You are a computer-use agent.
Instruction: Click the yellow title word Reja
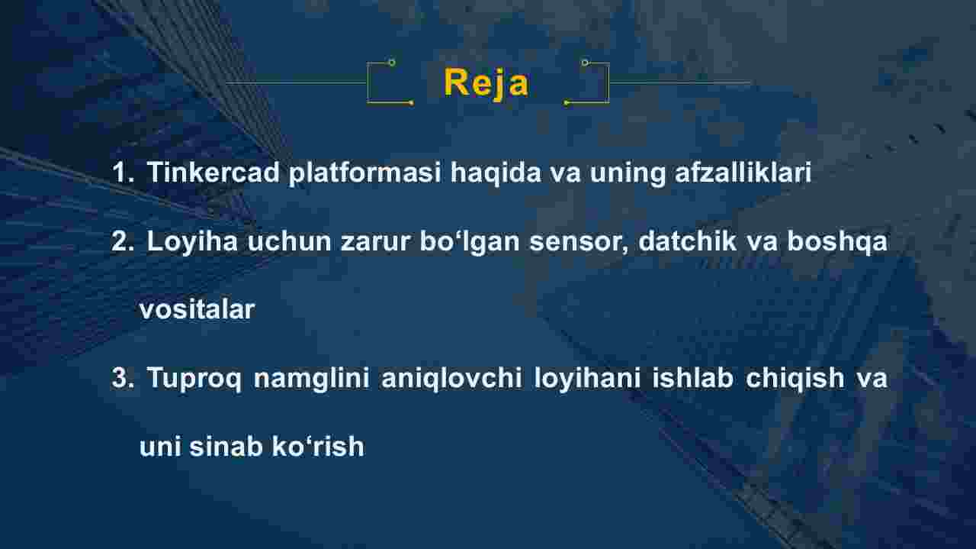point(486,83)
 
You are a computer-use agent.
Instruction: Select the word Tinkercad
point(213,172)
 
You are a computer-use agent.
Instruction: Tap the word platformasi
point(364,173)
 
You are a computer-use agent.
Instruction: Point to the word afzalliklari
point(743,172)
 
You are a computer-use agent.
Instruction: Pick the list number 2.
point(123,241)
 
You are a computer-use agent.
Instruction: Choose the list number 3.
point(123,378)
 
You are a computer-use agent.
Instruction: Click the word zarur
point(376,242)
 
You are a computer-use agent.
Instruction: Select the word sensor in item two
point(579,242)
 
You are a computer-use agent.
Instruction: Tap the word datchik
point(688,241)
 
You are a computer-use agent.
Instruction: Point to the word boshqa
point(837,242)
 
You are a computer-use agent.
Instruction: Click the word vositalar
point(197,310)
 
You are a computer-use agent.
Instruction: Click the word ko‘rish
point(318,447)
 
